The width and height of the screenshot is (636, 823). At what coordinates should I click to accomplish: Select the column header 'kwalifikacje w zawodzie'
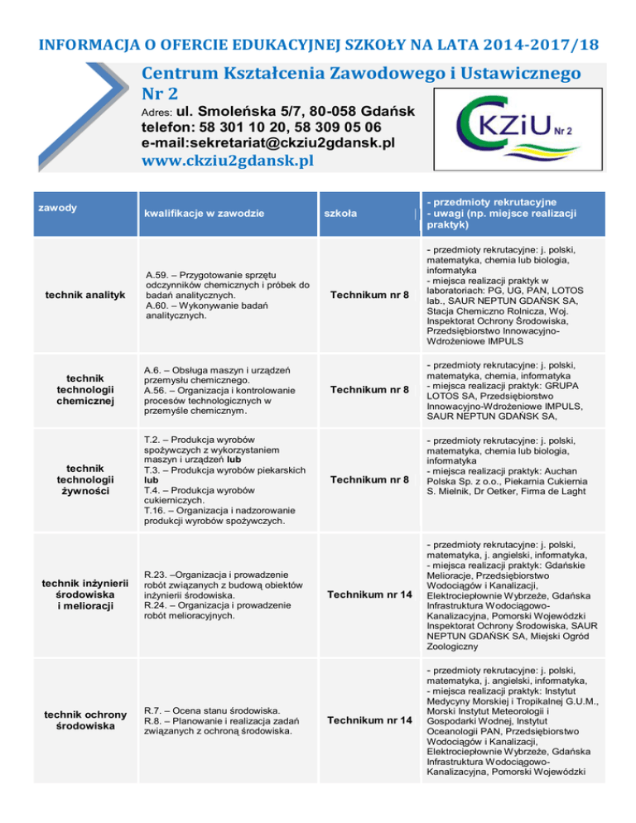point(204,214)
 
